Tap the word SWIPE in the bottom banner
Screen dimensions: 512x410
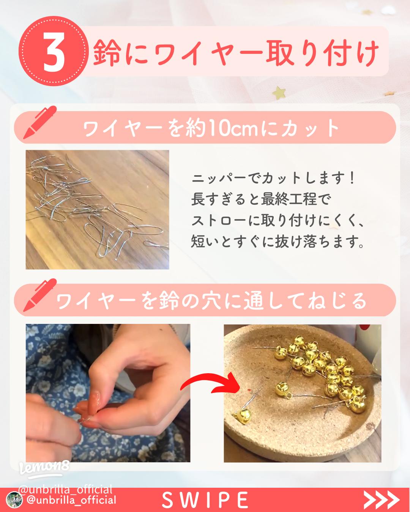coord(205,500)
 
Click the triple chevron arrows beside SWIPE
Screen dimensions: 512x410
coord(382,500)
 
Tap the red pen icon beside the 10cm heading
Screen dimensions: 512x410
coord(40,122)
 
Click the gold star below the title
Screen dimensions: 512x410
coord(280,91)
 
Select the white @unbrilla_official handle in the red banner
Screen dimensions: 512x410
coord(71,500)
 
